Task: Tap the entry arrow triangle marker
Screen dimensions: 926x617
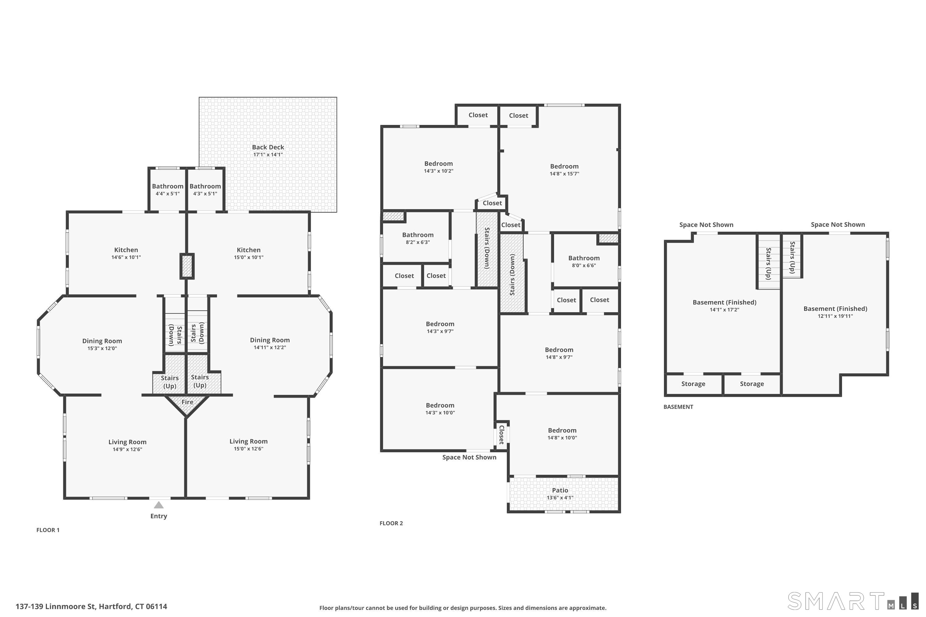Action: click(x=159, y=505)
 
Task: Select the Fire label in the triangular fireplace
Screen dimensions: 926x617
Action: click(x=187, y=402)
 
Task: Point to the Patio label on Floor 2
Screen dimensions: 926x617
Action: click(x=560, y=490)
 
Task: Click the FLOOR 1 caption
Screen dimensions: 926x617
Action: click(x=48, y=530)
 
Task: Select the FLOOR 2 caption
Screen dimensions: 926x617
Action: click(x=391, y=523)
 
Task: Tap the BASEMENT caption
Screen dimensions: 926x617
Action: click(x=678, y=407)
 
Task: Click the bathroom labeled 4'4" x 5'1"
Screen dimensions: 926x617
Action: click(x=168, y=190)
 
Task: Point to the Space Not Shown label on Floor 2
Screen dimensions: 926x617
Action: click(x=469, y=457)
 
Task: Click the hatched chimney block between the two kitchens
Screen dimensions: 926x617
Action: click(x=187, y=267)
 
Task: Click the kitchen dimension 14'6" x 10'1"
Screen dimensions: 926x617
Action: click(x=126, y=257)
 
